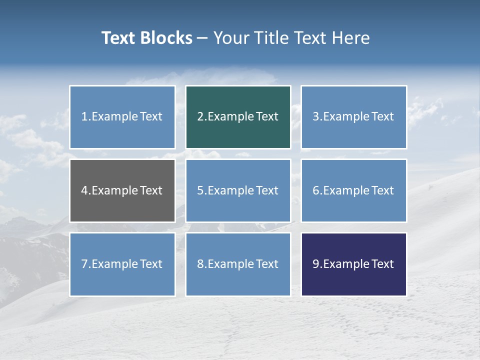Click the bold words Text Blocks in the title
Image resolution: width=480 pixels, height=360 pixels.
point(146,38)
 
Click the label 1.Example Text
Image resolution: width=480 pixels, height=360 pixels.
point(122,116)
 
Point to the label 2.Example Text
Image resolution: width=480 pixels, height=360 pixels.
point(238,116)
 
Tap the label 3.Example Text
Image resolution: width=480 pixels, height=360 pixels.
point(353,116)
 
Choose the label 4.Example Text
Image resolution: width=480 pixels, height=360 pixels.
point(122,190)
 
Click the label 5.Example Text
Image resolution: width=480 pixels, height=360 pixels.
point(238,190)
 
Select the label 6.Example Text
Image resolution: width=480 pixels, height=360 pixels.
point(353,190)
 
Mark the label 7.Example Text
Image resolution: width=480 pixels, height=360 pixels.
point(122,264)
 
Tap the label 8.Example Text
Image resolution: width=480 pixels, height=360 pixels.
point(238,264)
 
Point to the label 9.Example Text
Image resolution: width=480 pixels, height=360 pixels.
point(353,264)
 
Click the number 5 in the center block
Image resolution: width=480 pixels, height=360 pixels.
point(200,190)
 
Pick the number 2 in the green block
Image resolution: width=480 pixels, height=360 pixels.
point(200,116)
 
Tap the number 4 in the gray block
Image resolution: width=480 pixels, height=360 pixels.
point(84,190)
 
